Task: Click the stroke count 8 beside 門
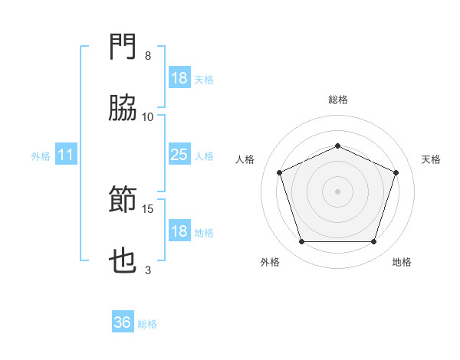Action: (148, 56)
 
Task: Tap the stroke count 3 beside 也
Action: (148, 270)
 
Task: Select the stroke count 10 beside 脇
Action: (148, 116)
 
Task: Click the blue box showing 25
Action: (179, 155)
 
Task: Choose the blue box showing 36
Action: (123, 322)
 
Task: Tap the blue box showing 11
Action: (66, 155)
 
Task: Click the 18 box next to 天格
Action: (179, 78)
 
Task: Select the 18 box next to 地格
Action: (179, 231)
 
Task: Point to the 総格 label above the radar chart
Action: (337, 100)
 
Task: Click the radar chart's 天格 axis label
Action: (431, 159)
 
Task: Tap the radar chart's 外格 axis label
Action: (270, 262)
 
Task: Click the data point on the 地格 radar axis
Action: (373, 241)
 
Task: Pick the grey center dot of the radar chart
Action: (337, 191)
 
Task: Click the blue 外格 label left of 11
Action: (41, 155)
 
